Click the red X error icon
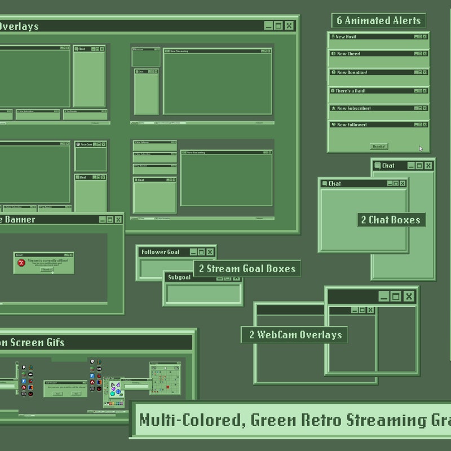point(21,263)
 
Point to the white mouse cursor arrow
point(421,149)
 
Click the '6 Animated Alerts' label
point(378,21)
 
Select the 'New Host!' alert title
point(346,37)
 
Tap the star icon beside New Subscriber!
point(333,108)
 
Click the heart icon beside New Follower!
point(333,125)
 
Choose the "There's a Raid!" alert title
point(351,91)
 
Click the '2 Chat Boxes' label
point(391,220)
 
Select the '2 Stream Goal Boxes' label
point(246,269)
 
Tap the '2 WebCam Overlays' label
point(295,335)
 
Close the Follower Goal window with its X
point(210,252)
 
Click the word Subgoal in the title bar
point(178,277)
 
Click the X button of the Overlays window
point(289,26)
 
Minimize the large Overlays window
point(268,26)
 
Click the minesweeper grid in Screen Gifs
point(165,378)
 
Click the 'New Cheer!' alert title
point(348,54)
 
